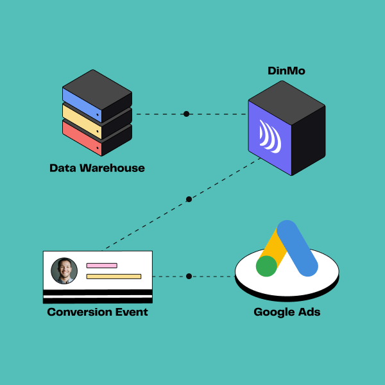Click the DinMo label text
pyautogui.click(x=286, y=71)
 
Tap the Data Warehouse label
pyautogui.click(x=97, y=168)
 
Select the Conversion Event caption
pyautogui.click(x=98, y=312)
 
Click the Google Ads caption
pyautogui.click(x=287, y=312)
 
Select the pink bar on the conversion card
pyautogui.click(x=101, y=265)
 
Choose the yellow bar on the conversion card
pyautogui.click(x=114, y=277)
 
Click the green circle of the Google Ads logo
pyautogui.click(x=266, y=266)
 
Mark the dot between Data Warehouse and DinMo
pyautogui.click(x=186, y=114)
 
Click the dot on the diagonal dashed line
pyautogui.click(x=189, y=200)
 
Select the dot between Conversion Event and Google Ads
pyautogui.click(x=189, y=277)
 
